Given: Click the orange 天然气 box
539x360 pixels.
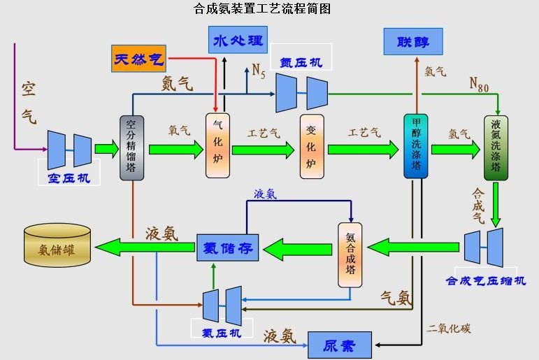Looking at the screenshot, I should (x=138, y=59).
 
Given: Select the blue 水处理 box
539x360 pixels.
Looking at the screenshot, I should (x=238, y=40).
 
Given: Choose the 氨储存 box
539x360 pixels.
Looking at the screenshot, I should (x=228, y=247).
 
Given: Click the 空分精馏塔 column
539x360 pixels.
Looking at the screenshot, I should (x=131, y=147).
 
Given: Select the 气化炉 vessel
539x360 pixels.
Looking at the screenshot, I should (x=217, y=146).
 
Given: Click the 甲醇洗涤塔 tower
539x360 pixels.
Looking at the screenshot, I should (x=416, y=146).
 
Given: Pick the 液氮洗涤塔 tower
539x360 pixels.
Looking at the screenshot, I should (x=496, y=148).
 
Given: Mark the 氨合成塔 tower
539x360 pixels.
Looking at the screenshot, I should (x=350, y=254).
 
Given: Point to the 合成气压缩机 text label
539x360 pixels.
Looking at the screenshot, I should (x=486, y=281).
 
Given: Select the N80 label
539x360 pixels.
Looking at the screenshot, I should (x=479, y=85).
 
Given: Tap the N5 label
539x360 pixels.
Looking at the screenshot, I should (x=259, y=70).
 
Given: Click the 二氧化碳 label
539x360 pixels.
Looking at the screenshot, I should (x=450, y=328).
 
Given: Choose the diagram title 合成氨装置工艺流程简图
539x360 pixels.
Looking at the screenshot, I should (x=262, y=9).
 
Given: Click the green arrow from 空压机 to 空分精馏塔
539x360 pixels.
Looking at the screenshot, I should (x=107, y=147).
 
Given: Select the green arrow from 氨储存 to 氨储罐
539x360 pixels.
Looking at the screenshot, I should (x=146, y=246).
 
